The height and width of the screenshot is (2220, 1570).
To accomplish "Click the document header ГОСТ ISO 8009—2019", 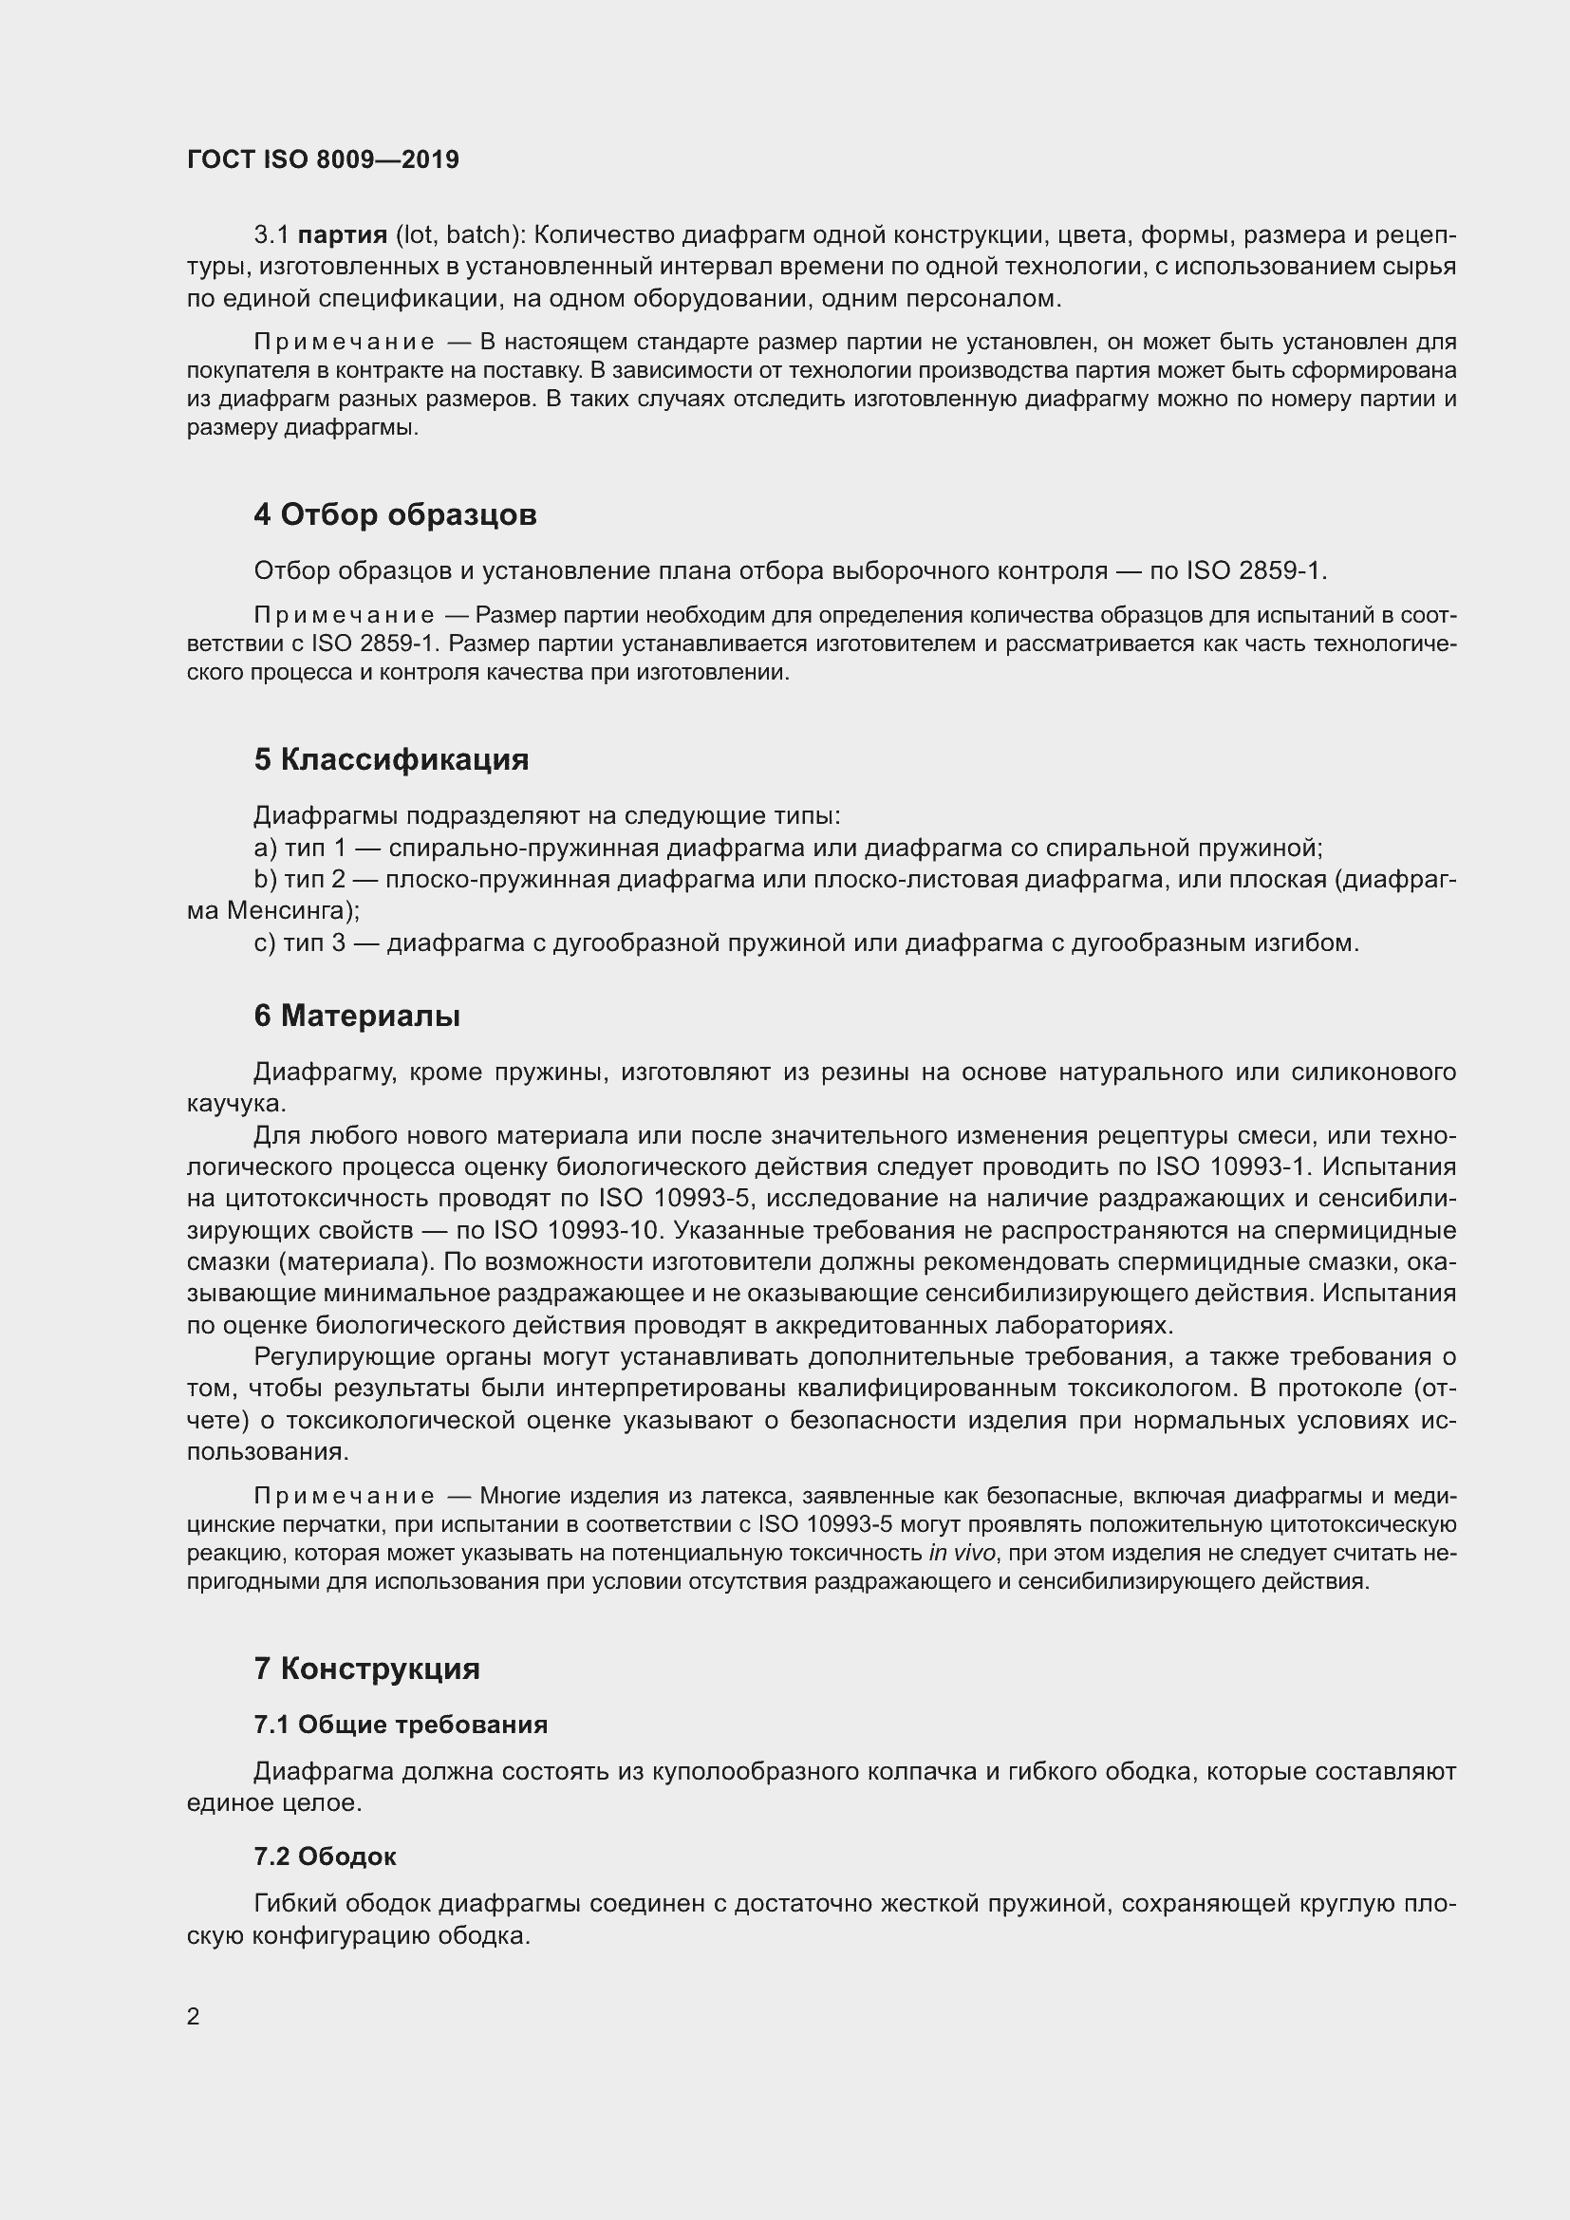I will [323, 159].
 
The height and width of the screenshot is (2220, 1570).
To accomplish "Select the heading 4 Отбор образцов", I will [395, 514].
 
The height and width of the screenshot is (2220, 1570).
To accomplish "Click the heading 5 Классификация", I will [390, 759].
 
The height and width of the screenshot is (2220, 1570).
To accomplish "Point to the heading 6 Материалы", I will [357, 1016].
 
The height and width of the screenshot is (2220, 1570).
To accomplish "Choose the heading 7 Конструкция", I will [366, 1668].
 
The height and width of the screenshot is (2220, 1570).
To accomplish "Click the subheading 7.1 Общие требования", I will [401, 1724].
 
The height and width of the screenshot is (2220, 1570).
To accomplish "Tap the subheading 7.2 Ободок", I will [325, 1856].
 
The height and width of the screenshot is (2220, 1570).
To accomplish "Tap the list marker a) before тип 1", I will [265, 848].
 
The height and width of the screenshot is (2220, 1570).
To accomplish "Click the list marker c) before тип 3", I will [265, 942].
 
